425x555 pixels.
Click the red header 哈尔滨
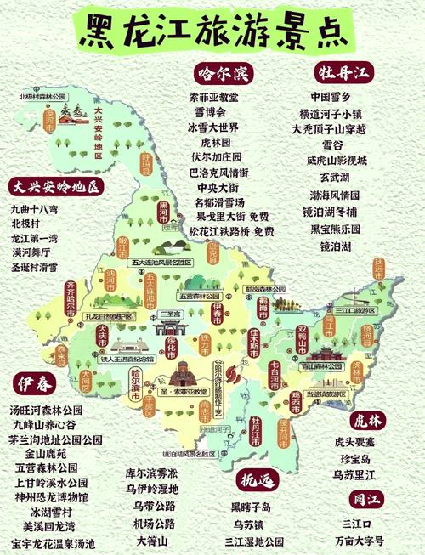point(220,73)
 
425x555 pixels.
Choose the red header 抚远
point(258,480)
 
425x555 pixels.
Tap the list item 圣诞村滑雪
point(35,267)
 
